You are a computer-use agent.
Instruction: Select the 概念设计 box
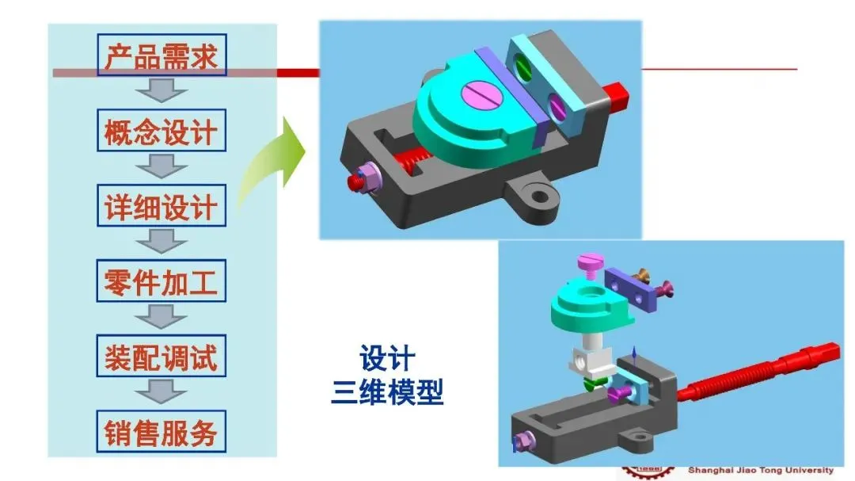tap(161, 131)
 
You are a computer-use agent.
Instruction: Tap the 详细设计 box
tap(161, 206)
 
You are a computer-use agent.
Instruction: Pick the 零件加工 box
tap(161, 281)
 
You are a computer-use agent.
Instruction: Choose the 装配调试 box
tap(161, 357)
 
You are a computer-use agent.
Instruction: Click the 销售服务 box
tap(161, 432)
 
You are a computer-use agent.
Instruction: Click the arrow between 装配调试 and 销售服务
tap(161, 394)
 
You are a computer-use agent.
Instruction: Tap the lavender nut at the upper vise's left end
tap(365, 178)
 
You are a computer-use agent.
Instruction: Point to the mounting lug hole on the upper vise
tap(540, 193)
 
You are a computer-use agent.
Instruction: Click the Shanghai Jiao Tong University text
tap(760, 470)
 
